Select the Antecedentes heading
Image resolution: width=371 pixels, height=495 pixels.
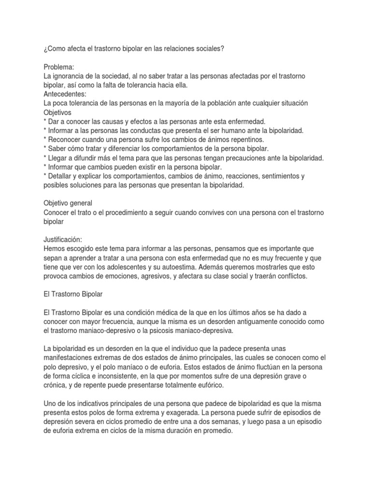pos(65,94)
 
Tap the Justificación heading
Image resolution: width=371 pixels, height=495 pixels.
pos(63,239)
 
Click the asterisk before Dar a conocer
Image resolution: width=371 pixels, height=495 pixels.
pos(45,121)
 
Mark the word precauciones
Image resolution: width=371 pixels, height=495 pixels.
pos(265,158)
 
